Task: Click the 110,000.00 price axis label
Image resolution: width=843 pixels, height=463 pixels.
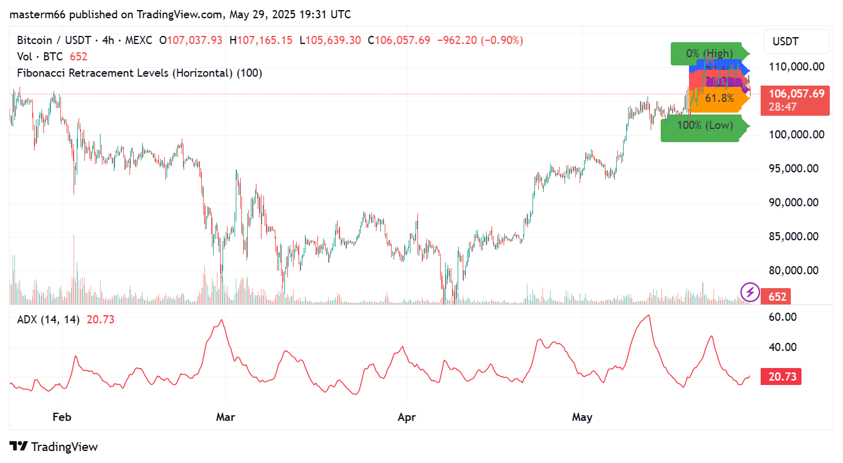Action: click(x=798, y=67)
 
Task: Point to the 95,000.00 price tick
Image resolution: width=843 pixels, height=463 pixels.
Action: click(x=798, y=169)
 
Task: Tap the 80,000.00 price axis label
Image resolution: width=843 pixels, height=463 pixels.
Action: click(x=798, y=271)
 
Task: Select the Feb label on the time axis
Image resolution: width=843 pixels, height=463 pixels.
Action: click(x=62, y=417)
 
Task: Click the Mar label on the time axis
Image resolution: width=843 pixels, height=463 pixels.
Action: click(x=225, y=417)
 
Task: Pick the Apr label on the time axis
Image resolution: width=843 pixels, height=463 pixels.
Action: click(x=407, y=417)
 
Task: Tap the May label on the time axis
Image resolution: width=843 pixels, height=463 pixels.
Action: click(x=582, y=417)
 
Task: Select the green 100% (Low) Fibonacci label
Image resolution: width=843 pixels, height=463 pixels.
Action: click(x=704, y=125)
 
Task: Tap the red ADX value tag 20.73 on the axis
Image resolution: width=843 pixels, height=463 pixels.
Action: click(x=781, y=377)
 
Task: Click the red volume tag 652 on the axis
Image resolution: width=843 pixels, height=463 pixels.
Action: click(x=777, y=296)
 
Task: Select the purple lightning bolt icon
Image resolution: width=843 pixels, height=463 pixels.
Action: click(x=749, y=292)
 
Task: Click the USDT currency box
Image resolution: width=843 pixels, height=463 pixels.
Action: click(x=785, y=42)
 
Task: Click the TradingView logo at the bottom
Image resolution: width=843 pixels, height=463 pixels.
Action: click(x=54, y=447)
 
